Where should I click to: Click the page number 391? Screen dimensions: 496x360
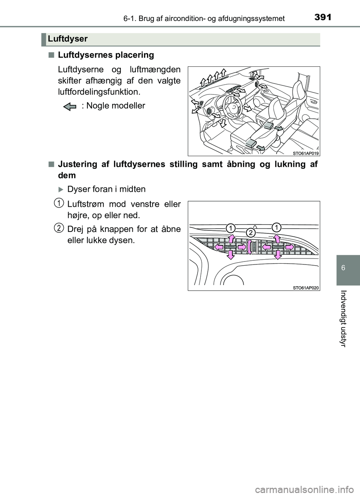click(x=322, y=16)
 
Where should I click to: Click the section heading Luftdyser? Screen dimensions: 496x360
click(x=68, y=39)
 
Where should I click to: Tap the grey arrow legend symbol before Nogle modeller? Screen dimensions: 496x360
click(x=70, y=106)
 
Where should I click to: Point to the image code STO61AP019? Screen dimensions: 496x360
click(x=306, y=152)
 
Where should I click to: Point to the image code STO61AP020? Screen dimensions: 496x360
click(x=306, y=288)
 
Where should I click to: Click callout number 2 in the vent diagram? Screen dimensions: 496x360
click(x=250, y=233)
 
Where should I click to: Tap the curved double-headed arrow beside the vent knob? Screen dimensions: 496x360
click(x=249, y=247)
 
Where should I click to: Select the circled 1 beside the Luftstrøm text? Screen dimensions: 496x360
click(x=58, y=203)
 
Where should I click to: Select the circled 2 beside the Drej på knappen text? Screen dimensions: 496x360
click(x=58, y=227)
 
